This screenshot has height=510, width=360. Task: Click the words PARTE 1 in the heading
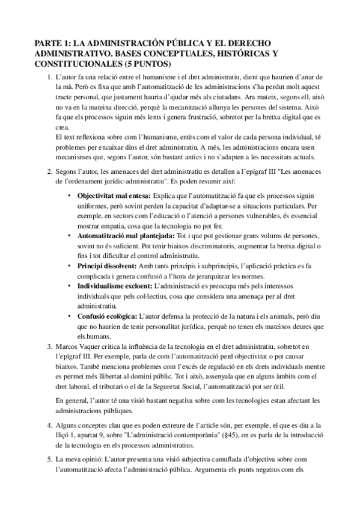tap(52, 43)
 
